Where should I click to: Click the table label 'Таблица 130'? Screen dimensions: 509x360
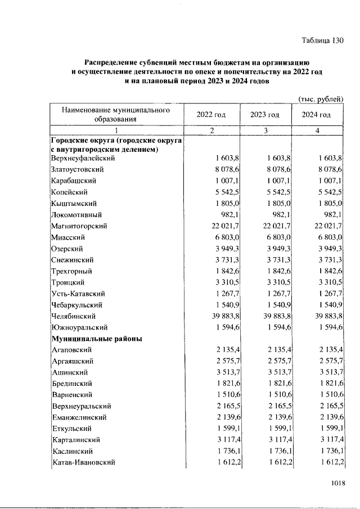point(322,40)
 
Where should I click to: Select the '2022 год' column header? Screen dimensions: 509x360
point(211,115)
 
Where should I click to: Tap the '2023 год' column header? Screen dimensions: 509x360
point(265,115)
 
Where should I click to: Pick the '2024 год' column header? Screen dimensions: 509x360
point(317,115)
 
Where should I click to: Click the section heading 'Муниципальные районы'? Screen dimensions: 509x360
point(96,339)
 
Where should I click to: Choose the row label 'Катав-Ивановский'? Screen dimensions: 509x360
point(83,462)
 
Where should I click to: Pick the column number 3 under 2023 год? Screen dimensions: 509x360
point(265,130)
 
